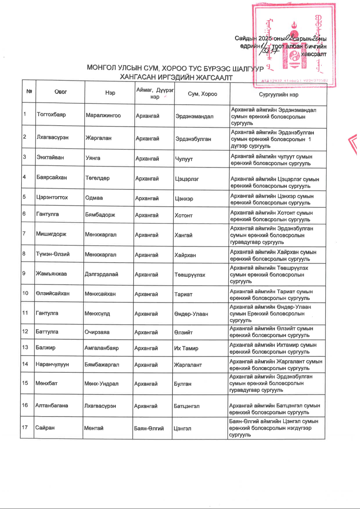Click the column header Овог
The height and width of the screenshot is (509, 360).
coord(60,92)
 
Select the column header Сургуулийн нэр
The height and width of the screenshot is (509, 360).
coord(278,95)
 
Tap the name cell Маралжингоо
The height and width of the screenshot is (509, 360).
coord(103,116)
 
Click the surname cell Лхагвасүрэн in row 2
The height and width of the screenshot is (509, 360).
coord(53,137)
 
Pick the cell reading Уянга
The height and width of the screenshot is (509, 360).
coord(93,158)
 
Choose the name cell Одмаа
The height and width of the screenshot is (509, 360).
coord(94,198)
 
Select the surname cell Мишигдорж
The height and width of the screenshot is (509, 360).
coord(51,234)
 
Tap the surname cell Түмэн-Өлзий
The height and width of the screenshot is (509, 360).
coord(53,254)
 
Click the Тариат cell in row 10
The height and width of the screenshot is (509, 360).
coord(183,294)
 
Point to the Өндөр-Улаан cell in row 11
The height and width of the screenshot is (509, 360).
coord(191,314)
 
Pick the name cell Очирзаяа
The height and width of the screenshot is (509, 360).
coord(97,332)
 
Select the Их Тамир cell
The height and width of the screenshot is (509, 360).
coord(186,348)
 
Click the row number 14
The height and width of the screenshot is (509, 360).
coord(25,364)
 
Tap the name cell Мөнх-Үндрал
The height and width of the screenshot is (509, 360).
coord(101,384)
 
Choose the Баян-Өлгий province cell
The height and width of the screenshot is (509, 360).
coord(149,428)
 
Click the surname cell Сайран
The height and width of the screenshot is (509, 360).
coord(45,427)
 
